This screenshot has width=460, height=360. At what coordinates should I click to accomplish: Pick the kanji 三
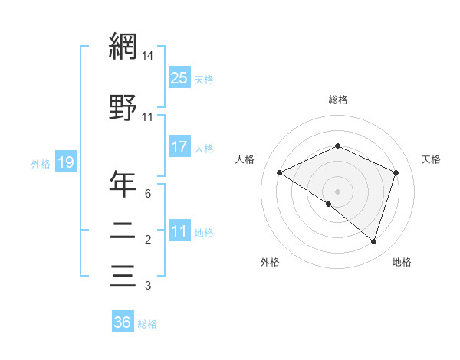click(x=123, y=275)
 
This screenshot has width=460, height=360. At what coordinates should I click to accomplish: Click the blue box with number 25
click(x=179, y=77)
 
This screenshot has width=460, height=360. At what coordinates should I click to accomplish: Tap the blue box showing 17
click(x=179, y=146)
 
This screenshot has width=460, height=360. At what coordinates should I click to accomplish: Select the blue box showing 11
click(x=179, y=231)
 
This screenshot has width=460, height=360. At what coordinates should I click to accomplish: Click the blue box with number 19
click(x=65, y=162)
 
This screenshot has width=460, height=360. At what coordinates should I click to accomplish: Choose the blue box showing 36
click(x=123, y=322)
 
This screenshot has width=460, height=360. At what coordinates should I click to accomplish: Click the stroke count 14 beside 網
click(x=147, y=56)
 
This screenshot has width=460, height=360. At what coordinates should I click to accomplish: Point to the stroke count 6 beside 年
click(x=147, y=194)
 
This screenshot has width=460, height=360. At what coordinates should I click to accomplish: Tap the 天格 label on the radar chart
click(x=431, y=159)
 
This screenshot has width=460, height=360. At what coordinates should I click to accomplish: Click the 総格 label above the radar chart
click(x=337, y=100)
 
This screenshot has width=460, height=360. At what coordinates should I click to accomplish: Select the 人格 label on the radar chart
click(x=245, y=159)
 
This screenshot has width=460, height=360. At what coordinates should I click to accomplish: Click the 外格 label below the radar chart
click(x=270, y=262)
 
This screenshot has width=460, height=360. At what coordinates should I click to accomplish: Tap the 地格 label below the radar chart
click(x=402, y=262)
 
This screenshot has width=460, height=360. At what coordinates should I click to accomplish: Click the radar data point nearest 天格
click(x=396, y=172)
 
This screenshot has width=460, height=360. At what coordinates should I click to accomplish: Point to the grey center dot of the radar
click(x=337, y=191)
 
